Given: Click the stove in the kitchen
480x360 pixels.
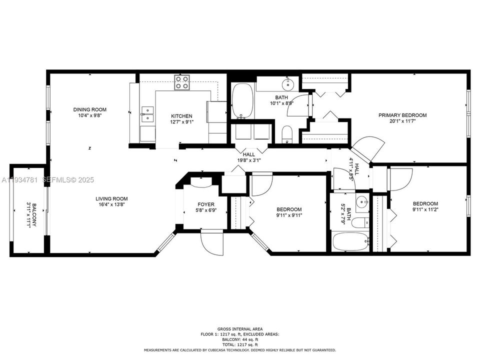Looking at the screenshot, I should [182, 82].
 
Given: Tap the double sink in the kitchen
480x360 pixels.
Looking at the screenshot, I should [147, 114].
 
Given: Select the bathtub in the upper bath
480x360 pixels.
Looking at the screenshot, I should [243, 100].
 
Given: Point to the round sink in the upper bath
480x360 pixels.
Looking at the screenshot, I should [288, 82].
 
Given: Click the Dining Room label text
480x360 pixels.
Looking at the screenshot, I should [90, 109].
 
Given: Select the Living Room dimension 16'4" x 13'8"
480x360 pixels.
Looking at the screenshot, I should [112, 204].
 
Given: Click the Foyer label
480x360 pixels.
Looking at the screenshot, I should [206, 204].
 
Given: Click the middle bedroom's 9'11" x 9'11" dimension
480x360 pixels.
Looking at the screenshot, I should [289, 215].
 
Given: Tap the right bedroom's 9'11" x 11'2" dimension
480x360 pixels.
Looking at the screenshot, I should [425, 210].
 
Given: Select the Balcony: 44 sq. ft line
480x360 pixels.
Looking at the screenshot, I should [239, 339].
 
